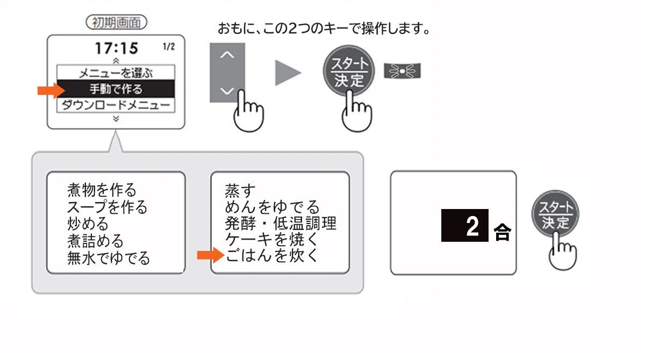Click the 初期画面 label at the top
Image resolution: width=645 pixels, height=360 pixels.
coord(116,22)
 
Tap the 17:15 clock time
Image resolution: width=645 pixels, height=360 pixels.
coord(116,48)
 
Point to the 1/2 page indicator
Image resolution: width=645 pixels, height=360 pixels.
coord(169,47)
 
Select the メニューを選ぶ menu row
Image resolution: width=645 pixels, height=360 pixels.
coord(116,73)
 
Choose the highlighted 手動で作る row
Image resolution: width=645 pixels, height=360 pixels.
coord(116,89)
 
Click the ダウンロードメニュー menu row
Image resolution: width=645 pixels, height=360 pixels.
coord(116,105)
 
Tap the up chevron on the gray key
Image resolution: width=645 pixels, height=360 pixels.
coord(227,55)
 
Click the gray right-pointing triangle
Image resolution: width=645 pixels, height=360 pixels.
coord(287,73)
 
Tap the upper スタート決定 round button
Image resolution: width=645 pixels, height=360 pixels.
coord(349,71)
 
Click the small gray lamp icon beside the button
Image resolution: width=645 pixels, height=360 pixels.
coord(402,71)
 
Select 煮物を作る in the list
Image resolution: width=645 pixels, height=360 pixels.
coord(102,190)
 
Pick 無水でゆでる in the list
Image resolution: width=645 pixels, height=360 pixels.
coord(109,258)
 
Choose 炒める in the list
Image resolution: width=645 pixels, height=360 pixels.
coord(88,224)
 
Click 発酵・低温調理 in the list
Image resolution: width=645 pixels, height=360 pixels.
coord(281,224)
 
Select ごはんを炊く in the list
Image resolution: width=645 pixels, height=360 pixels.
coord(271,255)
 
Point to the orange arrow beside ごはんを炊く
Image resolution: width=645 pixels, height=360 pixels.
coord(211,255)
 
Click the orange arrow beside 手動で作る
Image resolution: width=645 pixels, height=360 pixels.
coord(51,91)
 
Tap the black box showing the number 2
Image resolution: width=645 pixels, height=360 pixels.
coord(465,225)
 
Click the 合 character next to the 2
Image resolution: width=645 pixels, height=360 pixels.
coord(503,232)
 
